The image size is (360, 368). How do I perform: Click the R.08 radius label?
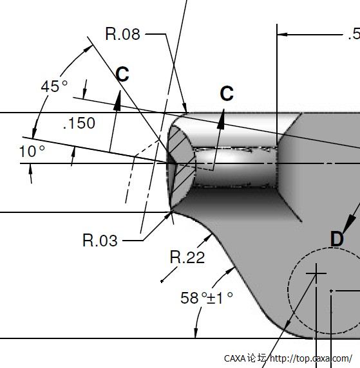click(122, 34)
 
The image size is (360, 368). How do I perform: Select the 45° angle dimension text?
click(54, 86)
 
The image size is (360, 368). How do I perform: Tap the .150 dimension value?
click(79, 123)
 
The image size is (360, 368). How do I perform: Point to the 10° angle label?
click(32, 151)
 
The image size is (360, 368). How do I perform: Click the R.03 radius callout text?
click(100, 241)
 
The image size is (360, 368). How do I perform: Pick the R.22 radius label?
click(187, 257)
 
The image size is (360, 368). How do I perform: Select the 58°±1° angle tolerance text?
click(207, 298)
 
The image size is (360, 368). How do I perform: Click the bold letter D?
click(337, 239)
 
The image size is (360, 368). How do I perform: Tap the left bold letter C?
click(122, 74)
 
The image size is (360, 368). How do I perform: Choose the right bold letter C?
click(227, 93)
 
